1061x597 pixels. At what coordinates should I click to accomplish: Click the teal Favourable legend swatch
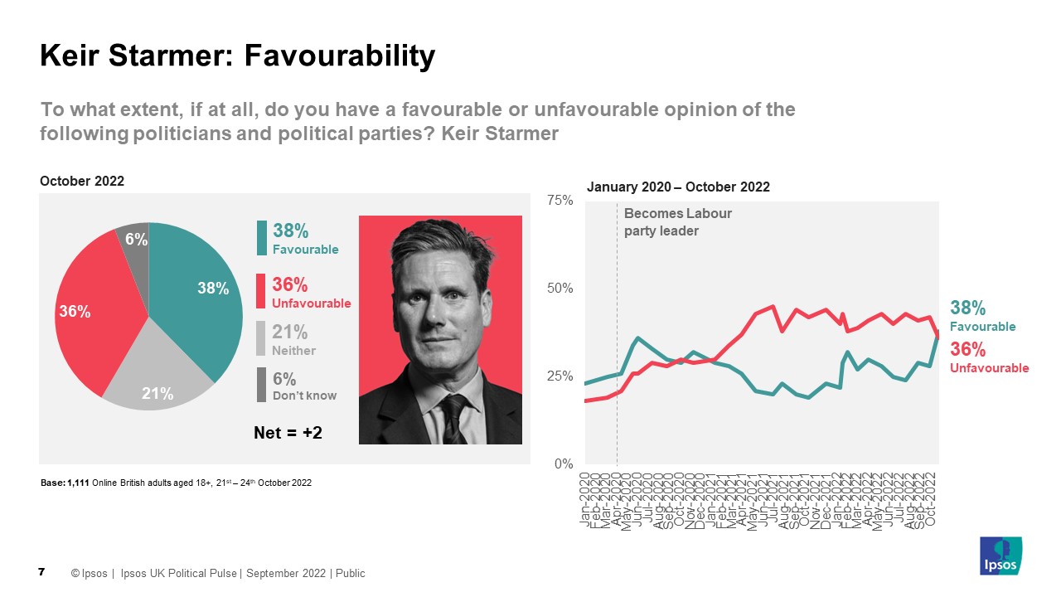point(262,238)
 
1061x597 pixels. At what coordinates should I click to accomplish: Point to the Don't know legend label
point(304,396)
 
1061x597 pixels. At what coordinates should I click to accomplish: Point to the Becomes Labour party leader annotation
point(677,222)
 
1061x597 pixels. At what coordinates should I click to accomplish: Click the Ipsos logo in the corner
point(1000,556)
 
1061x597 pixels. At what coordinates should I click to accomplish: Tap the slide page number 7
point(41,572)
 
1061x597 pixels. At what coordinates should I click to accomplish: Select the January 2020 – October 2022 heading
point(678,187)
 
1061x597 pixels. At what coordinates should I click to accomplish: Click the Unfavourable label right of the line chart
point(989,367)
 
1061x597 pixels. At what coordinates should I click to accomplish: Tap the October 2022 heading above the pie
point(81,181)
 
